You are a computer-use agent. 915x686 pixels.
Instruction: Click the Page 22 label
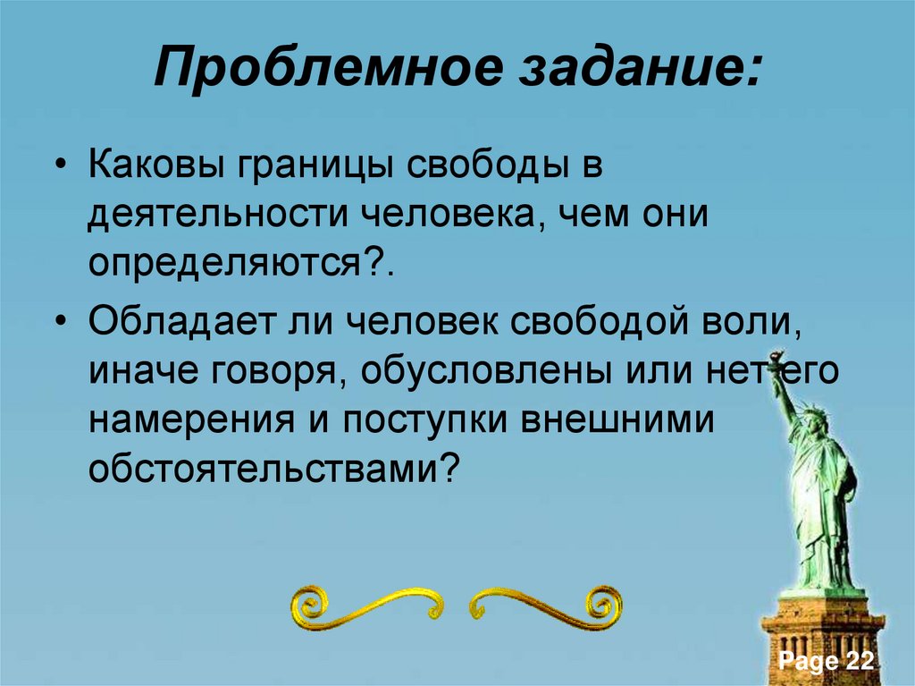[826, 662]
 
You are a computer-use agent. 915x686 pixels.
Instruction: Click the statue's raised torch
[769, 365]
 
